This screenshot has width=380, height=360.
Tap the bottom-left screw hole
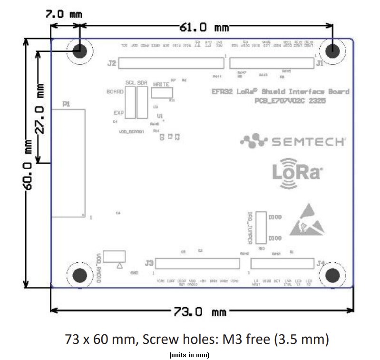pos(79,275)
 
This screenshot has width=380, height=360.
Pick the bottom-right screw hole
pos(332,275)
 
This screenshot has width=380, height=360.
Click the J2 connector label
pos(112,63)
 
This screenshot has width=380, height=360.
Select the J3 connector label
pos(149,263)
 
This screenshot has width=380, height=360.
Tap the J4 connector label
pos(321,263)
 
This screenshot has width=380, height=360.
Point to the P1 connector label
pos(66,104)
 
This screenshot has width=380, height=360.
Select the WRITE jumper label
pos(161,84)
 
